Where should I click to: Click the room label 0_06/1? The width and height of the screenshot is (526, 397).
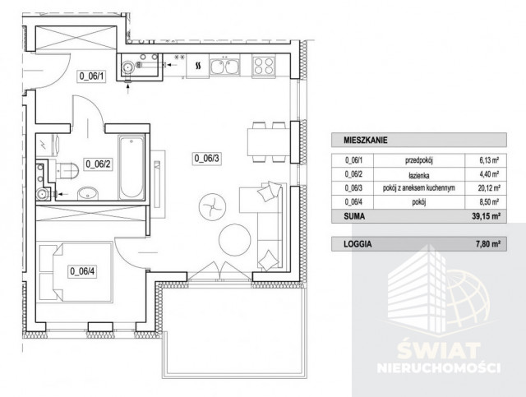tap(91, 76)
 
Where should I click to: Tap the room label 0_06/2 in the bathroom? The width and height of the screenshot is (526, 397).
tap(98, 164)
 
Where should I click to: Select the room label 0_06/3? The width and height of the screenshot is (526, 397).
tap(207, 158)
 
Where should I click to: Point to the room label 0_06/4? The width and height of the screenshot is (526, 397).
tap(82, 271)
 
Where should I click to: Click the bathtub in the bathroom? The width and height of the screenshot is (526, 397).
tap(131, 167)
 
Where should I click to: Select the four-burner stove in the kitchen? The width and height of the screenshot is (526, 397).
tap(263, 66)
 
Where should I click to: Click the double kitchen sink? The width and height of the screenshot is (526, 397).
tap(224, 66)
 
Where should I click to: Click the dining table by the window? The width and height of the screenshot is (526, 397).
tap(269, 142)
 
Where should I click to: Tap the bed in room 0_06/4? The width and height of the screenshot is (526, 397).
tap(76, 273)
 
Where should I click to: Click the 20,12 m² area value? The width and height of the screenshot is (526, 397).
tap(489, 188)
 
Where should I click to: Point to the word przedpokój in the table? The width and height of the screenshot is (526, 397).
tap(419, 160)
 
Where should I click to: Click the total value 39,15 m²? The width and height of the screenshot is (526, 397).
tap(486, 216)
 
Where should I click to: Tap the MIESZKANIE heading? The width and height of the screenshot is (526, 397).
tap(365, 141)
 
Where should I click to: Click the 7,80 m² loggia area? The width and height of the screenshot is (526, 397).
tap(488, 244)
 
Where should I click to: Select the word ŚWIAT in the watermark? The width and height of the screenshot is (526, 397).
tap(438, 349)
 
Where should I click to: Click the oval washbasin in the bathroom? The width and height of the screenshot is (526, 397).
tap(88, 194)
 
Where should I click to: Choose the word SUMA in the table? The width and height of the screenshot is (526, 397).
tap(354, 216)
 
